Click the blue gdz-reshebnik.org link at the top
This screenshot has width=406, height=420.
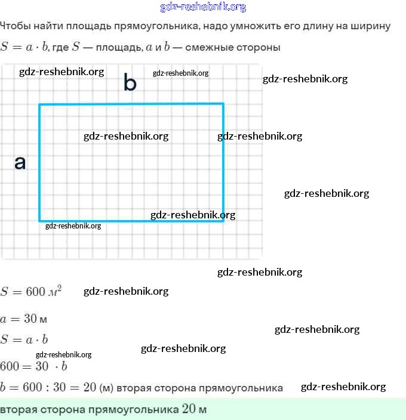[203, 7]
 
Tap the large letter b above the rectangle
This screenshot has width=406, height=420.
[130, 83]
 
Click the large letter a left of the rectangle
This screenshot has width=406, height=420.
[20, 162]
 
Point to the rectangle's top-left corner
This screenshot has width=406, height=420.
[40, 105]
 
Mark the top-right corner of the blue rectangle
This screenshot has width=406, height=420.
[223, 104]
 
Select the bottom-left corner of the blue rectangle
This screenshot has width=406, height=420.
[40, 221]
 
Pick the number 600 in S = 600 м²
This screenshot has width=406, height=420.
[35, 292]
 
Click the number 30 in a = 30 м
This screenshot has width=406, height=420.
[30, 319]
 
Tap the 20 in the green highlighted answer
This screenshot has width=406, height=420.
[189, 410]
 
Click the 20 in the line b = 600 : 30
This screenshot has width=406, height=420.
[90, 388]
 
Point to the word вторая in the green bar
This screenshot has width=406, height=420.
[17, 410]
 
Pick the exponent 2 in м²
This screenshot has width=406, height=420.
[59, 288]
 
